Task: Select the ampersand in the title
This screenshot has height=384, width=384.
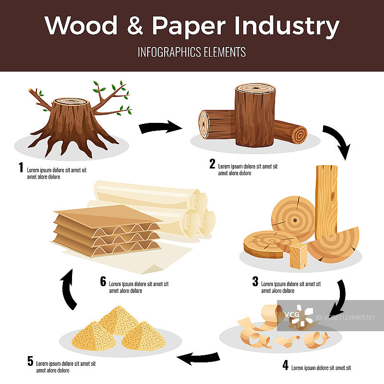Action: tap(136, 26)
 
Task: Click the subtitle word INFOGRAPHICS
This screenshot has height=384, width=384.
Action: tap(165, 52)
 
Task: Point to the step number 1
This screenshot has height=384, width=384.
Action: tap(21, 168)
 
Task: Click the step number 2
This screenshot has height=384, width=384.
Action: tap(212, 164)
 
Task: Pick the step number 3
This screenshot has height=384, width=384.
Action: tap(255, 282)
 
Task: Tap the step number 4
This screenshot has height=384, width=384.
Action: tap(285, 366)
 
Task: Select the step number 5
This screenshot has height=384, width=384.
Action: tap(30, 361)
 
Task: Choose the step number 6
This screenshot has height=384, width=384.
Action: tap(103, 281)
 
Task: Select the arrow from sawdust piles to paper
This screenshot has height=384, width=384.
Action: tap(69, 288)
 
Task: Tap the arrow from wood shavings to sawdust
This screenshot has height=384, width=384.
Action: tap(198, 357)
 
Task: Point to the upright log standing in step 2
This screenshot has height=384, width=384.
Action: tap(255, 115)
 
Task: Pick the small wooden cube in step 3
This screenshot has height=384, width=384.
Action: tap(298, 254)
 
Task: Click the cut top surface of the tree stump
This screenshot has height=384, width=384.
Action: tap(71, 102)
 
